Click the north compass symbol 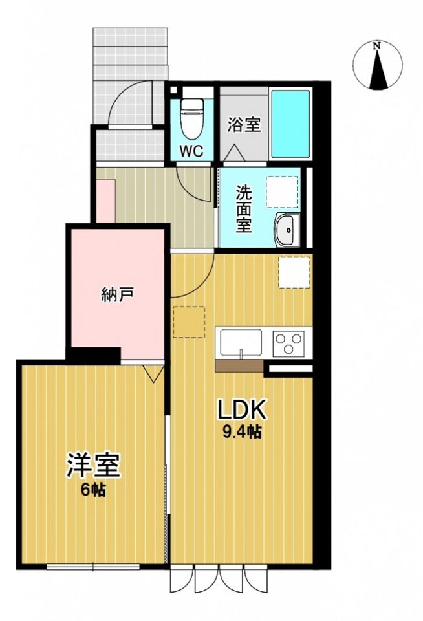tap(378, 65)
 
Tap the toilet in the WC tap(191, 118)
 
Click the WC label tap(191, 151)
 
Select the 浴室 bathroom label tap(243, 125)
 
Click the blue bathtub tap(290, 124)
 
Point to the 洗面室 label tap(243, 208)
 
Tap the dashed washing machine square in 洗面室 tap(282, 191)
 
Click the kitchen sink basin tap(241, 342)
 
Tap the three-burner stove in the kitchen tap(288, 343)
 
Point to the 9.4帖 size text tap(241, 433)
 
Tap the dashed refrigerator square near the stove tap(295, 272)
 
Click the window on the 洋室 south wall tap(94, 567)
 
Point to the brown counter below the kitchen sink tap(239, 367)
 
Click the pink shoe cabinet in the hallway tap(105, 201)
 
